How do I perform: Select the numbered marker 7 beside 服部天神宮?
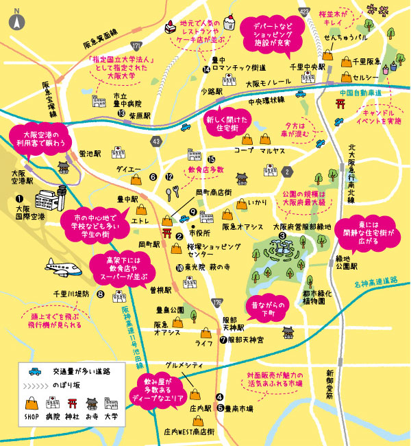pyautogui.click(x=223, y=339)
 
